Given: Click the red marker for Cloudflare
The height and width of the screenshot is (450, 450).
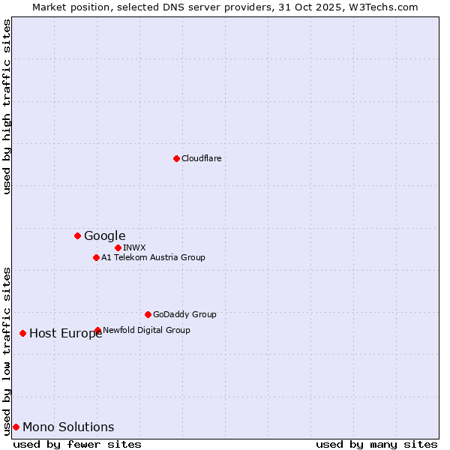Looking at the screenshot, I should pyautogui.click(x=176, y=158).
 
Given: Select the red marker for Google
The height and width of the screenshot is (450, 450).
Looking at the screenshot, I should pyautogui.click(x=77, y=235).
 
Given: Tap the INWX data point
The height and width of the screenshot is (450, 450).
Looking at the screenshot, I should pyautogui.click(x=118, y=247).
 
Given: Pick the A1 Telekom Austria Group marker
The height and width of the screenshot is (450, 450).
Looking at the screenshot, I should pyautogui.click(x=96, y=257).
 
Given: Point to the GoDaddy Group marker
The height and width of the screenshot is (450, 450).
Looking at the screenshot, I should pyautogui.click(x=148, y=314).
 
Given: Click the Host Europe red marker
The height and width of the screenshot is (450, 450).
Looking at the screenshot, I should pyautogui.click(x=23, y=333).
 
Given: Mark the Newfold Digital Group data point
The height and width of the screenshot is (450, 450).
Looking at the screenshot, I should pyautogui.click(x=97, y=330).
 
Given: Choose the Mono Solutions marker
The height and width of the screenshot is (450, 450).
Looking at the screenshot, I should pyautogui.click(x=16, y=427).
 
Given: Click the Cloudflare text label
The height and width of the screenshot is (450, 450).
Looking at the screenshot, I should pyautogui.click(x=201, y=158).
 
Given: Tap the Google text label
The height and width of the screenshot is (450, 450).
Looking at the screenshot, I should pyautogui.click(x=104, y=235).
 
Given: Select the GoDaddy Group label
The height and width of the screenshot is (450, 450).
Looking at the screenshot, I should pyautogui.click(x=184, y=314).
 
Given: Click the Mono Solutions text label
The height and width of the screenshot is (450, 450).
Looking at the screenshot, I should pyautogui.click(x=68, y=427).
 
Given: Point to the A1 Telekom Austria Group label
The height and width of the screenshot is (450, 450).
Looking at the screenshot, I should pyautogui.click(x=153, y=257).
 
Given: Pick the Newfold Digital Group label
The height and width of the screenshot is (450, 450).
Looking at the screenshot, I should pyautogui.click(x=146, y=330).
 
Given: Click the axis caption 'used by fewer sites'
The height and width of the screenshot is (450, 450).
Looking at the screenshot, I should pyautogui.click(x=77, y=444).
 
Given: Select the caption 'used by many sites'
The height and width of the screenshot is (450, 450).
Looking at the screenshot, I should pyautogui.click(x=376, y=444).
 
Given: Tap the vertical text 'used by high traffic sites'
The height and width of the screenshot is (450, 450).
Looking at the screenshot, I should pyautogui.click(x=7, y=106).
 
